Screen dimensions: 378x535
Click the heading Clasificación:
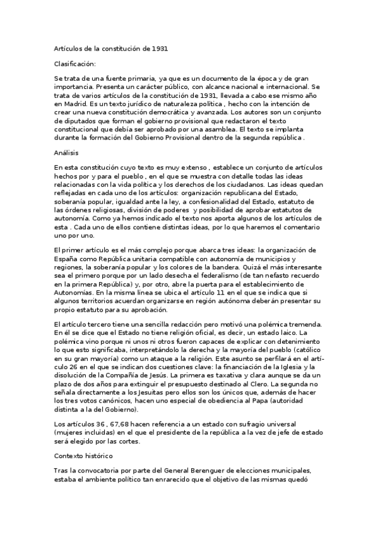coord(75,64)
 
